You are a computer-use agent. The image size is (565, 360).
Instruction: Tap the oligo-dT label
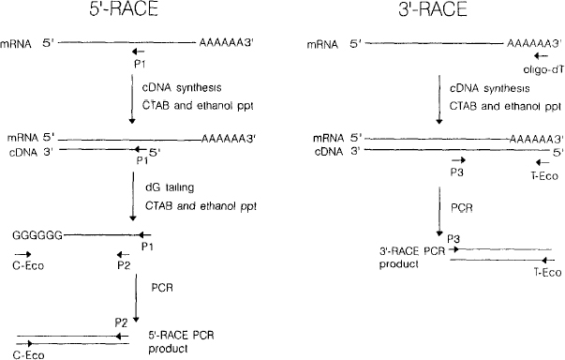531,68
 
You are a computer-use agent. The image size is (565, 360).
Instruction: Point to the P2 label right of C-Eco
123,265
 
